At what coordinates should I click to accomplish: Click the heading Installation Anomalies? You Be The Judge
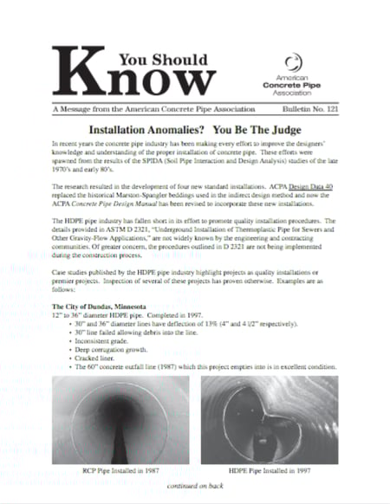(x=195, y=128)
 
